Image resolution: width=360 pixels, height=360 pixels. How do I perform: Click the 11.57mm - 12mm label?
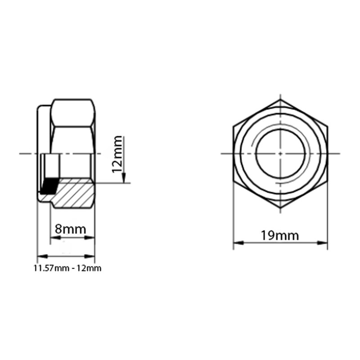point(67,268)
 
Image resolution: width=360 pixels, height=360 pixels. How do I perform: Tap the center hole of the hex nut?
point(280,153)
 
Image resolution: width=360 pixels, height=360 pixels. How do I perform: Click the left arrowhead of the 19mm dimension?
point(236,243)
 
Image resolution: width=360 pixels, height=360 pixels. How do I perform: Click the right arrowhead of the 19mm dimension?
point(324,243)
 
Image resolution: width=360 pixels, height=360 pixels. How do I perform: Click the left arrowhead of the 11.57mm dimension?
point(40,256)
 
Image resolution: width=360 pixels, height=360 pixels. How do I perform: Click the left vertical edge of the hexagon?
point(233,153)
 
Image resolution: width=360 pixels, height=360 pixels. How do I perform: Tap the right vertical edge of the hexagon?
point(327,153)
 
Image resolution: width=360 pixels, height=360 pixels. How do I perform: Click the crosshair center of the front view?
point(280,153)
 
